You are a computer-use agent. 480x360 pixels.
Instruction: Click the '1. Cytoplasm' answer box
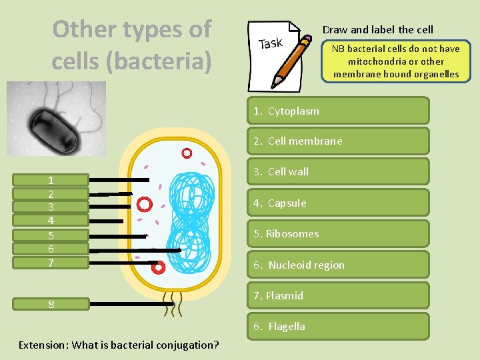(x=338, y=111)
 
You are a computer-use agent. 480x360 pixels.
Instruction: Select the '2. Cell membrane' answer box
(x=338, y=141)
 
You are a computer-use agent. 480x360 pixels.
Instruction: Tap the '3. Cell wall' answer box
(x=338, y=172)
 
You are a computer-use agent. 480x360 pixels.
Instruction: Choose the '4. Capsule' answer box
(x=338, y=203)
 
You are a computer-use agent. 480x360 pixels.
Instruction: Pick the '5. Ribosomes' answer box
(x=338, y=234)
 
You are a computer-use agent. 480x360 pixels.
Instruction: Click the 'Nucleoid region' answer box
(x=338, y=265)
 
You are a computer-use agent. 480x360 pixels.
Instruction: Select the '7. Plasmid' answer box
(x=338, y=295)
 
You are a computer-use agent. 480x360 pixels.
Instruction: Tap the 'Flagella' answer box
(x=338, y=326)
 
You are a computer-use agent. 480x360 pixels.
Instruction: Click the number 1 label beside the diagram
(x=51, y=180)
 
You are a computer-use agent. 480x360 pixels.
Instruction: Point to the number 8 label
(x=51, y=304)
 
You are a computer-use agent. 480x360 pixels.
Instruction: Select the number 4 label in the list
(x=51, y=221)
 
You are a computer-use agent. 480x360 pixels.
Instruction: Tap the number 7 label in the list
(x=51, y=263)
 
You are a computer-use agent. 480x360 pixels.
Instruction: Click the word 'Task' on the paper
(x=271, y=44)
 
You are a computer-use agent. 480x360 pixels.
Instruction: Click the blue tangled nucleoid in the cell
(x=191, y=220)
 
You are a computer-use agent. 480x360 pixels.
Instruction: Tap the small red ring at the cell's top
(x=187, y=153)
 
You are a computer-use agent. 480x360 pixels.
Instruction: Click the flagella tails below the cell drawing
(x=173, y=304)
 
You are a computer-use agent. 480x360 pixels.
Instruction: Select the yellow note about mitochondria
(x=396, y=61)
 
